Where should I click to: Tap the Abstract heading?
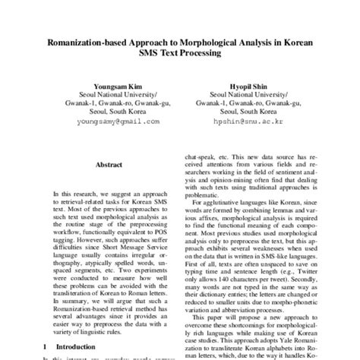(x=109, y=164)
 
